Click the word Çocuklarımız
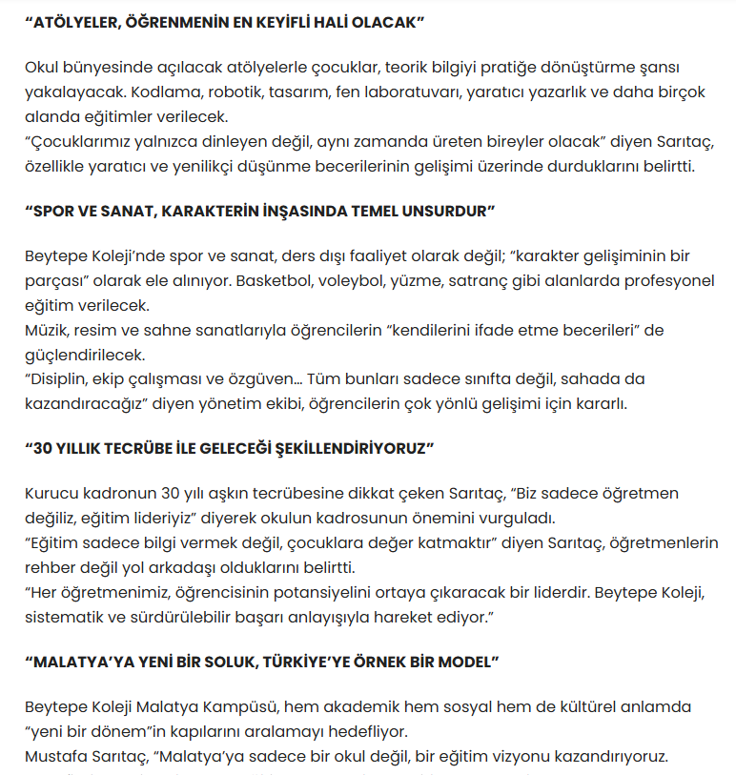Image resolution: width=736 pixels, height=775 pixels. click(x=77, y=142)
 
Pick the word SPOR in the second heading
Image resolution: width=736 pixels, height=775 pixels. click(x=52, y=211)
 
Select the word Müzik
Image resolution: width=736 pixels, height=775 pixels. click(x=46, y=331)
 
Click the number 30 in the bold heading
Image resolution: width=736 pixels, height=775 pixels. click(x=44, y=447)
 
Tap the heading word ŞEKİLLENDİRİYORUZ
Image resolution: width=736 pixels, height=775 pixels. click(x=349, y=447)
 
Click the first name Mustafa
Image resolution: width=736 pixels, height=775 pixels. click(x=57, y=758)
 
